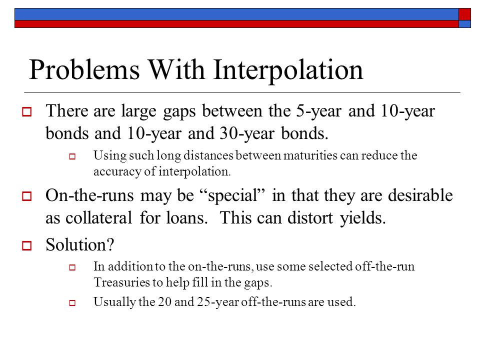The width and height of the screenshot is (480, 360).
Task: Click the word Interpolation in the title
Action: (288, 70)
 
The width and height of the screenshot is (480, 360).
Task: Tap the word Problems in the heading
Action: (84, 69)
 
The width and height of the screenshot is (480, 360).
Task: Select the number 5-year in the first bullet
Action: (318, 111)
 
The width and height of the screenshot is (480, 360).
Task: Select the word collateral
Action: (98, 218)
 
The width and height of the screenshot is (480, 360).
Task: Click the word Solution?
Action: (80, 245)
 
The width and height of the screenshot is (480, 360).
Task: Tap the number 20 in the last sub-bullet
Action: (164, 302)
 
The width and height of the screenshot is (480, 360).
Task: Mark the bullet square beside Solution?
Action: (27, 246)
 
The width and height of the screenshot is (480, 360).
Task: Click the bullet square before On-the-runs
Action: (27, 196)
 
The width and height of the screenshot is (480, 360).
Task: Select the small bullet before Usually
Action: (72, 303)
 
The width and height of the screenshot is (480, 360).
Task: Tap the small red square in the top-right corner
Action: (464, 14)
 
